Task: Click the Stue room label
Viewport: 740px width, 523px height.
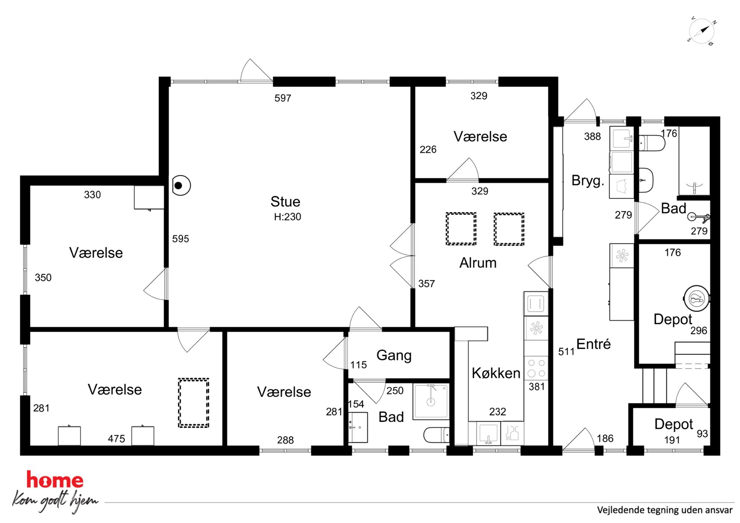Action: click(x=285, y=202)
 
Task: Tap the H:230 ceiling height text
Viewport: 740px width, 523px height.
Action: click(x=287, y=217)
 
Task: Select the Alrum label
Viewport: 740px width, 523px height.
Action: click(x=478, y=263)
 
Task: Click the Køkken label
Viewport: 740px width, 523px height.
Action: click(x=496, y=373)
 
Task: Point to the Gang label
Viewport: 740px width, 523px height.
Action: click(x=394, y=355)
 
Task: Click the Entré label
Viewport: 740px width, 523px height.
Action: click(x=593, y=344)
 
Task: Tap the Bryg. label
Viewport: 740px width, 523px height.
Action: click(x=587, y=180)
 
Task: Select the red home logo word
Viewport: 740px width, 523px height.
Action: click(x=55, y=480)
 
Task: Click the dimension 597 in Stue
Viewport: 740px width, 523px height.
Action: click(x=283, y=98)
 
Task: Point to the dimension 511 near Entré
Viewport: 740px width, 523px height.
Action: click(x=566, y=352)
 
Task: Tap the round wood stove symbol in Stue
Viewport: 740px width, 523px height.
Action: click(x=181, y=185)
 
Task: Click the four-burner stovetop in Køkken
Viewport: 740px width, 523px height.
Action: click(x=536, y=368)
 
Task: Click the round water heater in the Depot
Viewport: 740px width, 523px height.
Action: click(x=696, y=299)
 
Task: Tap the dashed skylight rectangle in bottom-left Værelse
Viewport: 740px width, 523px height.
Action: click(x=194, y=403)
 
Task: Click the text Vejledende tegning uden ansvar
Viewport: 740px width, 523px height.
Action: click(x=665, y=510)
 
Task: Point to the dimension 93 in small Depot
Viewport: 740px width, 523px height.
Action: click(x=702, y=434)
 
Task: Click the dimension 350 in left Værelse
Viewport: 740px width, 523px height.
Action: click(x=43, y=277)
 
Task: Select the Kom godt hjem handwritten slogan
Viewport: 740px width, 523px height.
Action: click(x=55, y=501)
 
